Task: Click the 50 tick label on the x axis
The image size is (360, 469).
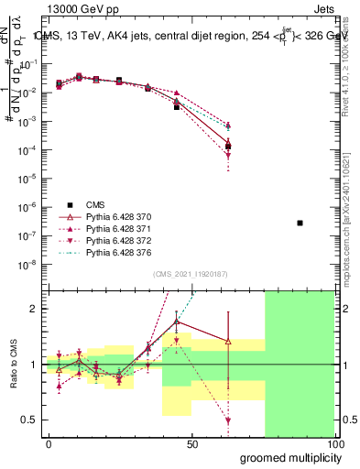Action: [191, 444]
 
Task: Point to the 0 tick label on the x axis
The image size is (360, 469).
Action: [49, 444]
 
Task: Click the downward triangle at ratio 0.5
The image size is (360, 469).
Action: [228, 420]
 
